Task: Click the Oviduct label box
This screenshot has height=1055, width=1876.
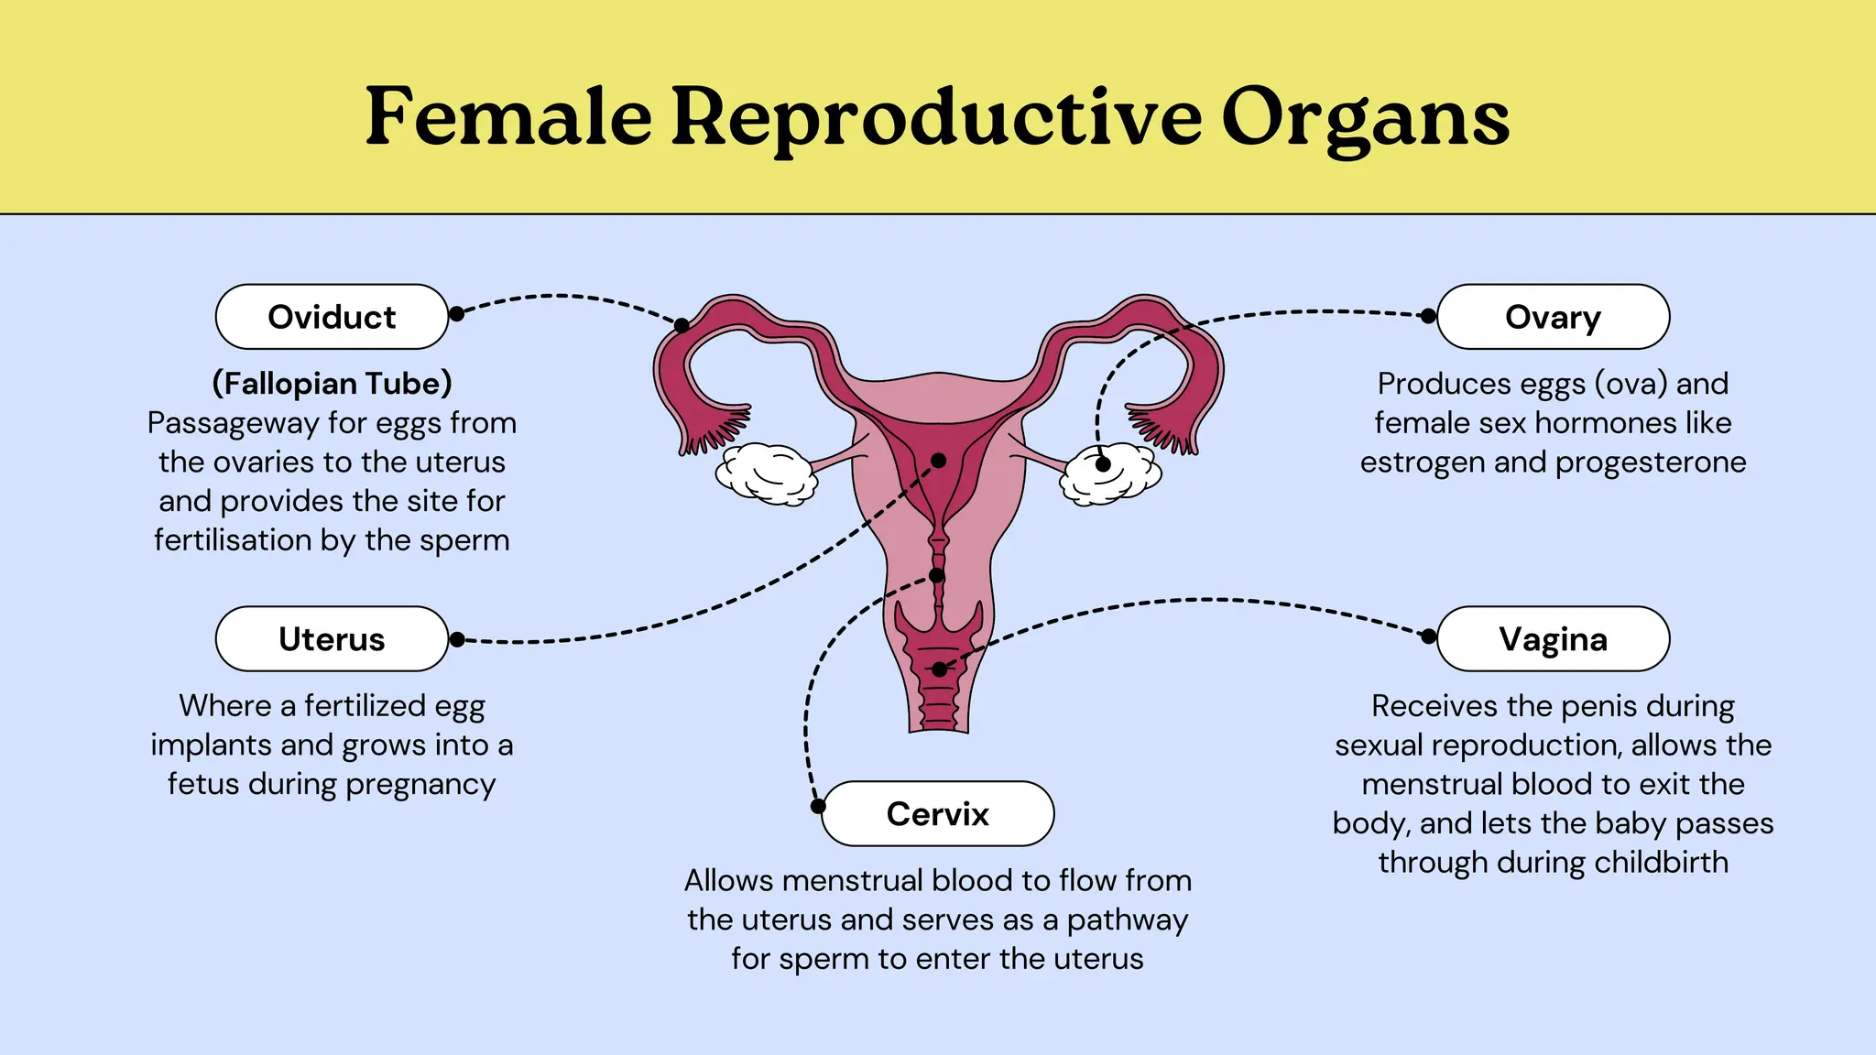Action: click(332, 317)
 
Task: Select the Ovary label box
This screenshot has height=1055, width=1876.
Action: click(1553, 317)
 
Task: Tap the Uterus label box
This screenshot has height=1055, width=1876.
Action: click(332, 639)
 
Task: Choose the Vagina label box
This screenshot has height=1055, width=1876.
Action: click(1553, 639)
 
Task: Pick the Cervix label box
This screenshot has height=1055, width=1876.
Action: click(937, 814)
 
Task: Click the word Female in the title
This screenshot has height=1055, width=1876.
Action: click(508, 117)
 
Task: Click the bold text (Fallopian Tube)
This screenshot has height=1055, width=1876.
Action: click(332, 384)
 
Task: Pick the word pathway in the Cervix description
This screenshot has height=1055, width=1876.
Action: click(1128, 920)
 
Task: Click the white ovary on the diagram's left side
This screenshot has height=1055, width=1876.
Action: click(766, 473)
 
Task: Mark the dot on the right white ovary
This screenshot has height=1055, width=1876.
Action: click(1103, 464)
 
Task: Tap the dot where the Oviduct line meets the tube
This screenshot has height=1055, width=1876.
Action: click(682, 325)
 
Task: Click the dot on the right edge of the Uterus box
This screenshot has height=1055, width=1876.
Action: click(457, 639)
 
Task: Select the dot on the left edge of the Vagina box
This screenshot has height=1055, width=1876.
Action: click(1428, 636)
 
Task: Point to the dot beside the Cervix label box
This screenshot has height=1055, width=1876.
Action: click(818, 806)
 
